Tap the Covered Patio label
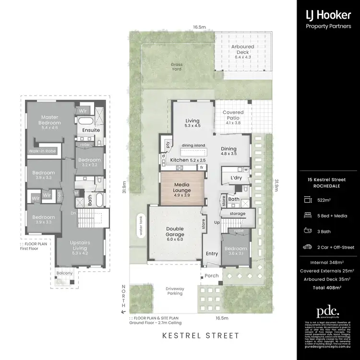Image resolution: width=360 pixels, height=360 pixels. click(233, 115)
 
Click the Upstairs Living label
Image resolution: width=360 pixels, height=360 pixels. click(80, 245)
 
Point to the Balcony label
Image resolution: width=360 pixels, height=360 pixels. click(64, 273)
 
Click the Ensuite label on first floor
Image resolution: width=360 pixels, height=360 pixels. click(91, 130)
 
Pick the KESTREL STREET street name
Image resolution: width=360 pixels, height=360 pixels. click(200, 336)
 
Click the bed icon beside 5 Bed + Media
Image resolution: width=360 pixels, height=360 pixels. click(307, 215)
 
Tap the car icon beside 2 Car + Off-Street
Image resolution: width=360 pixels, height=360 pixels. click(307, 247)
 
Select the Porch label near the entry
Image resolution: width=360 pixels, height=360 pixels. click(212, 276)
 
